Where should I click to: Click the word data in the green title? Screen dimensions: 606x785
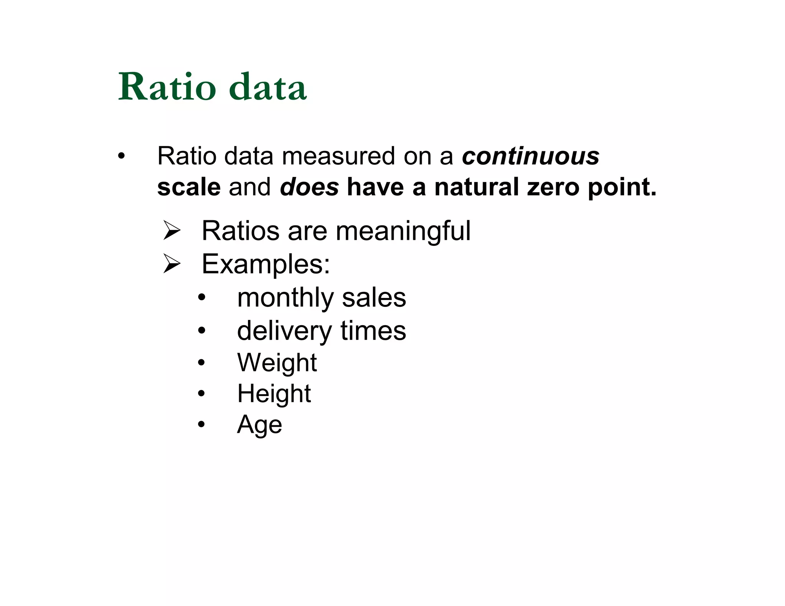[x=268, y=87]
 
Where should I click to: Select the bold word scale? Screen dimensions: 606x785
[x=189, y=187]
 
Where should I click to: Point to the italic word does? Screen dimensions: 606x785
[x=309, y=187]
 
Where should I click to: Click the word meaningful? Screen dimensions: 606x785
[x=403, y=231]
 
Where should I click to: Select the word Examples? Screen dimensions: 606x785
[x=266, y=264]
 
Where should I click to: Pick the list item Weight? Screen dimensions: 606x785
[x=277, y=363]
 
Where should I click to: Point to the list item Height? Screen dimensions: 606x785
[x=274, y=394]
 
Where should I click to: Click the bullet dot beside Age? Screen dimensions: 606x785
[x=202, y=424]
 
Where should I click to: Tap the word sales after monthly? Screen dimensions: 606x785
[x=374, y=298]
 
